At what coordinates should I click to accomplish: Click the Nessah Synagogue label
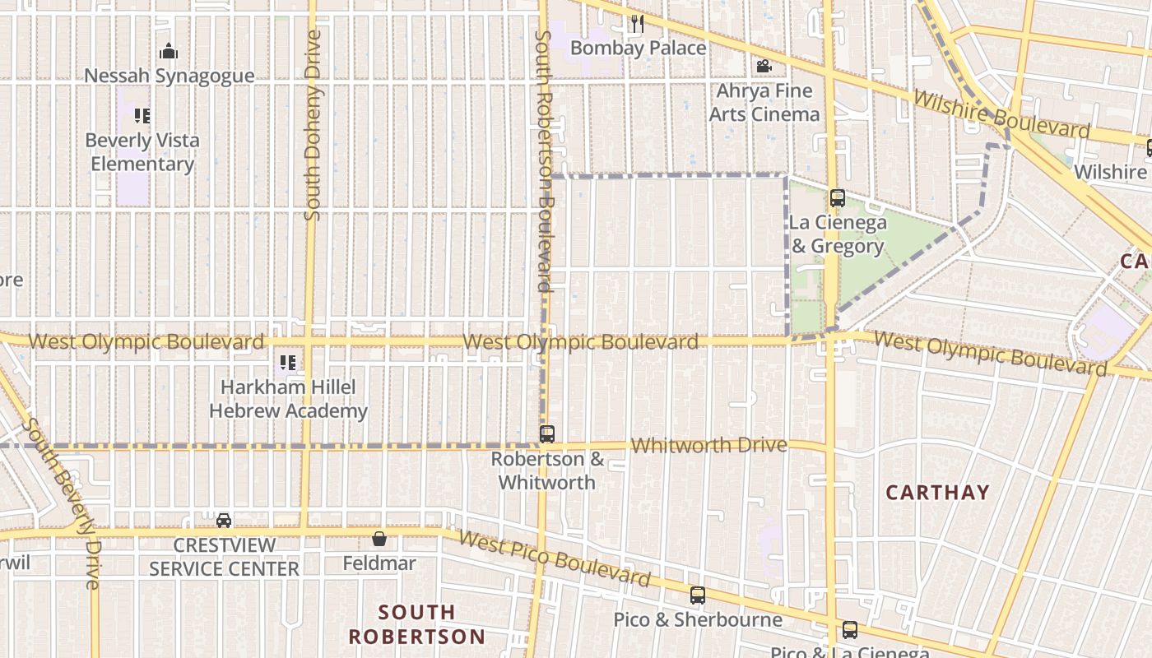(x=170, y=76)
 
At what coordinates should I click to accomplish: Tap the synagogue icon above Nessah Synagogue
(x=169, y=52)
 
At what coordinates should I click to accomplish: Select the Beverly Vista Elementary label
(x=142, y=152)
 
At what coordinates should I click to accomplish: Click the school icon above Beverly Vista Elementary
(x=142, y=116)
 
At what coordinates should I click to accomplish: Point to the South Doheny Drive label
(x=312, y=125)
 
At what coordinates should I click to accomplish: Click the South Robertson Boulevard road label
(x=543, y=161)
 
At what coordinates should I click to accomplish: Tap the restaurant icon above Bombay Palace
(x=638, y=24)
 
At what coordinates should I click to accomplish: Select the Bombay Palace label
(x=638, y=48)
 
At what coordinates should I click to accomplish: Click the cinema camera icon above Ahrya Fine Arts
(x=764, y=66)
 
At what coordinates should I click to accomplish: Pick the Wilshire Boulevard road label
(x=1001, y=114)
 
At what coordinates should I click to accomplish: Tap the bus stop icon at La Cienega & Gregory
(x=838, y=198)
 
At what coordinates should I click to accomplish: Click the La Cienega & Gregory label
(x=838, y=234)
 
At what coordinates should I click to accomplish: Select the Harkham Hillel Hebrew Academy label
(x=288, y=399)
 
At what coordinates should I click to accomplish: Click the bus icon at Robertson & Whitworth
(x=547, y=434)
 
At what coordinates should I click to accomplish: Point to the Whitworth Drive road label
(x=708, y=445)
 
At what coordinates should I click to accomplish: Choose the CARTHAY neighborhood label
(x=937, y=493)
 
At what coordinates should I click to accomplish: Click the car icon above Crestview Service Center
(x=224, y=521)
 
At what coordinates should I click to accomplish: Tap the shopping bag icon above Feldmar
(x=379, y=540)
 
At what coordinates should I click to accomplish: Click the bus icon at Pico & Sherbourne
(x=698, y=595)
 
